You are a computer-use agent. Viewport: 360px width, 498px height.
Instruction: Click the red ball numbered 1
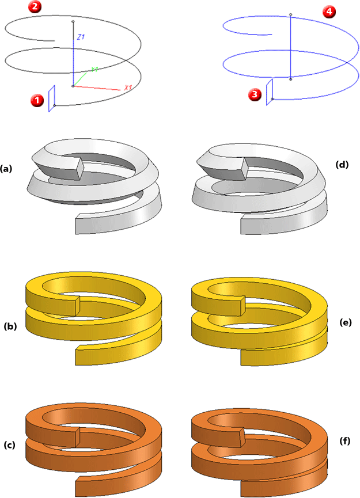pyautogui.click(x=36, y=100)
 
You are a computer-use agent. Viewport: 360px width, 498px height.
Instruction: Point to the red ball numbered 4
pyautogui.click(x=329, y=13)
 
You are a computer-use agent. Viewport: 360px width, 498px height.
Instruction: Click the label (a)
pyautogui.click(x=6, y=169)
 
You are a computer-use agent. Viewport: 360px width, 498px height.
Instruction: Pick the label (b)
pyautogui.click(x=10, y=326)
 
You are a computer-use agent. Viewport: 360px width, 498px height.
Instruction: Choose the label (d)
pyautogui.click(x=342, y=165)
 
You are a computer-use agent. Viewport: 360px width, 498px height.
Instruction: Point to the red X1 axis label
pyautogui.click(x=128, y=88)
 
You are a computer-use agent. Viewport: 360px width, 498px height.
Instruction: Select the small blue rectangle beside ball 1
pyautogui.click(x=52, y=98)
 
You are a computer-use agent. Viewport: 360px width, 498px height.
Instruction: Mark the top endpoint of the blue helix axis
pyautogui.click(x=291, y=15)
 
